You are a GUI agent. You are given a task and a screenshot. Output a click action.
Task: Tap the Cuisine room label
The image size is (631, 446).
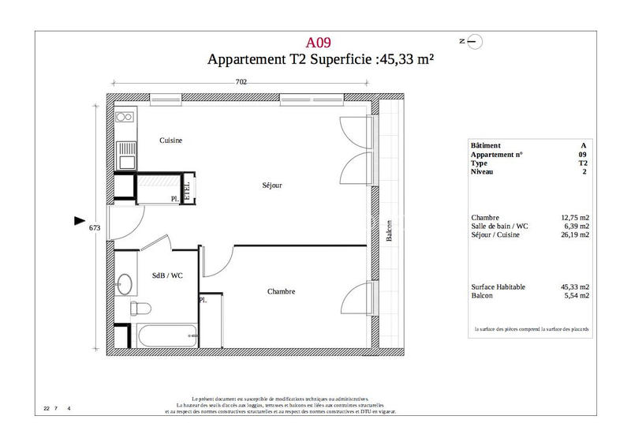pos(171,141)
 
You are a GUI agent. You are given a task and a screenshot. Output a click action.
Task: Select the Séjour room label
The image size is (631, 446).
pos(272,186)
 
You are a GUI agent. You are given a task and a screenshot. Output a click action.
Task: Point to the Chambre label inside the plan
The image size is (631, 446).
pos(281,291)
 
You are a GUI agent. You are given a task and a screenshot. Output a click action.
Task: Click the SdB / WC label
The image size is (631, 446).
pos(167,275)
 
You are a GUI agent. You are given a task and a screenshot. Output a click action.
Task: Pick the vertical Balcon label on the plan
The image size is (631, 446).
pos(389,231)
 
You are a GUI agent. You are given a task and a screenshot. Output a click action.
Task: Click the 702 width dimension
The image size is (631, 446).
pos(242,81)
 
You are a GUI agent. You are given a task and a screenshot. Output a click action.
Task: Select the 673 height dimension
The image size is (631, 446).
pos(95,227)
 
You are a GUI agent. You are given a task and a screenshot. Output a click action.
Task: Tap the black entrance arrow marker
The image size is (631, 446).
pos(79,222)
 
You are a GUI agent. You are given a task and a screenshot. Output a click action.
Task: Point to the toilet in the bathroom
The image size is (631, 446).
pos(139,307)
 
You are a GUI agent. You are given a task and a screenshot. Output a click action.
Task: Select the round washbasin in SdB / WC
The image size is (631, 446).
pos(125,283)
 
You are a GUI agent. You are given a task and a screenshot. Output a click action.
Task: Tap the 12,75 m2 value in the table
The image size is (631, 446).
pos(574,217)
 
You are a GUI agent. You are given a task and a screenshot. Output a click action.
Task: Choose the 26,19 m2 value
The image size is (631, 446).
pos(574,234)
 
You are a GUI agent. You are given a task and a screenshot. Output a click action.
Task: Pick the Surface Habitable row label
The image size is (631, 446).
pos(498,287)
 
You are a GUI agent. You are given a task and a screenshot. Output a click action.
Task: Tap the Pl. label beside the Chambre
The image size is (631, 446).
pos(203,301)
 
